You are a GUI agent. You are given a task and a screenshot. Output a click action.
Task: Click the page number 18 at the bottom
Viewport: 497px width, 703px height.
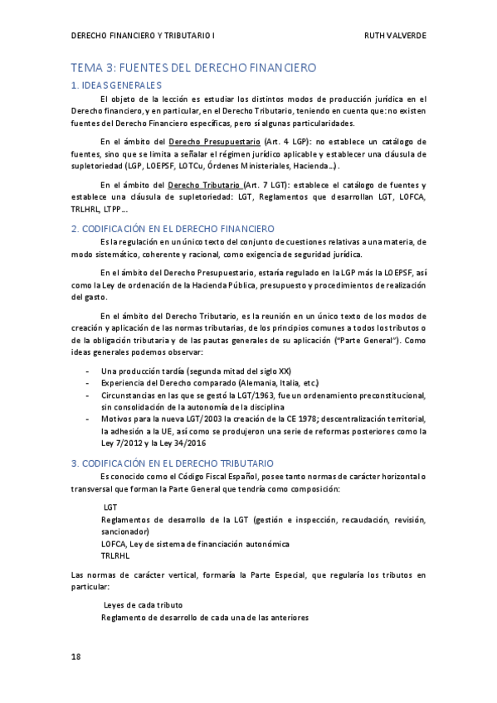[76, 657]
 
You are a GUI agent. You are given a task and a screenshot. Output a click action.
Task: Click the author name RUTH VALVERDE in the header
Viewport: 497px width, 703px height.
[394, 36]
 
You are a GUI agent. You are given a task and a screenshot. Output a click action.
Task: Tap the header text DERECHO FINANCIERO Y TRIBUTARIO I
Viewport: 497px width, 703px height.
[143, 36]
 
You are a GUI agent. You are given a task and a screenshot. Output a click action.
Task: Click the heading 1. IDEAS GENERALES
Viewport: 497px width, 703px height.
[116, 85]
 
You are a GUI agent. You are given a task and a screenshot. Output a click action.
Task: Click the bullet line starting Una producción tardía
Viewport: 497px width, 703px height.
[196, 371]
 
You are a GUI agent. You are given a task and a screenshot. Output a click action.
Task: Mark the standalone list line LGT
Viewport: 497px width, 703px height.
[110, 506]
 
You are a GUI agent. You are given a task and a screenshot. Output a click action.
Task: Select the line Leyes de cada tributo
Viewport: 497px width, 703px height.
[143, 604]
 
